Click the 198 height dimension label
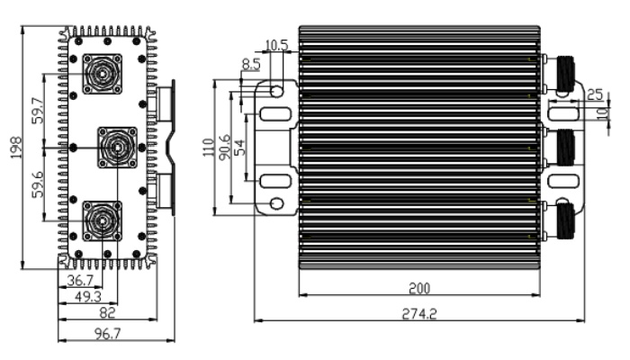point(15,148)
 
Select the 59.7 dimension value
point(38,111)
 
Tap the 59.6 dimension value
point(38,184)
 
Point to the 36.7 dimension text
point(80,280)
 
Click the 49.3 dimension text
point(88,297)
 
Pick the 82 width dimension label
point(107,312)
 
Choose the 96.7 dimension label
point(108,334)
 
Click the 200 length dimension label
point(419,288)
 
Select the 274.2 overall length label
point(419,313)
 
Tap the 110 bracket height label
point(209,148)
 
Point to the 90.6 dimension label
point(225,147)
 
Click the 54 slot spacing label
point(239,148)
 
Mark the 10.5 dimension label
point(277,45)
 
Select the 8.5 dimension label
point(251,64)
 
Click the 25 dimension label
point(595,94)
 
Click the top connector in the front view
point(103,74)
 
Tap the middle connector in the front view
point(117,148)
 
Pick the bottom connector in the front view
point(103,221)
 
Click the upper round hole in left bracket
point(277,91)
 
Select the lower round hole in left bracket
point(277,203)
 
